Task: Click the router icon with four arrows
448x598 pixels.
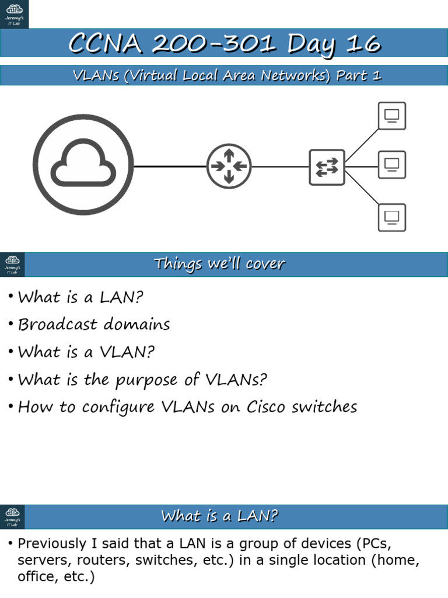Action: (229, 166)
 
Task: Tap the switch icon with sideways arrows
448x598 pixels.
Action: (327, 167)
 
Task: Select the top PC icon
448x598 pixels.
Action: (391, 116)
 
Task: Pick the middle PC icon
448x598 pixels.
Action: (391, 164)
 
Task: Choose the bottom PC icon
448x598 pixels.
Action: (391, 217)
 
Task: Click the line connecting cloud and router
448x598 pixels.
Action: (169, 166)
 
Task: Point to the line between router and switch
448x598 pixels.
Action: (280, 167)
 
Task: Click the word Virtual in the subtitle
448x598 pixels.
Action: (149, 76)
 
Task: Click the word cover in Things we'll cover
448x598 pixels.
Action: (265, 264)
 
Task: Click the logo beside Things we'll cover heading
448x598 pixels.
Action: (12, 265)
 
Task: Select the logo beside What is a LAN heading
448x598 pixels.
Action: (12, 517)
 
